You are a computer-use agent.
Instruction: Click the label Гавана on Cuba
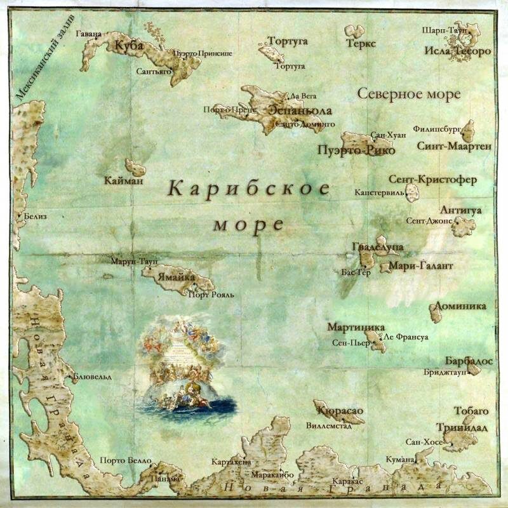pyautogui.click(x=88, y=33)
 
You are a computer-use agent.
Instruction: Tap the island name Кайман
pyautogui.click(x=124, y=181)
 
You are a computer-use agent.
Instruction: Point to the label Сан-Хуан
pyautogui.click(x=387, y=135)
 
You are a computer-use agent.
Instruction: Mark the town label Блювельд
pyautogui.click(x=92, y=377)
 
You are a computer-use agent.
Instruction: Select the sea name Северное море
pyautogui.click(x=408, y=95)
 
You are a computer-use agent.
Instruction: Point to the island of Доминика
pyautogui.click(x=436, y=311)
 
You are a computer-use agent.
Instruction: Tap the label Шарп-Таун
pyautogui.click(x=444, y=30)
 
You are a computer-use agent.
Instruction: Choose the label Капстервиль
pyautogui.click(x=379, y=191)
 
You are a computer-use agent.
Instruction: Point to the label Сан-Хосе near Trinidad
pyautogui.click(x=421, y=441)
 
